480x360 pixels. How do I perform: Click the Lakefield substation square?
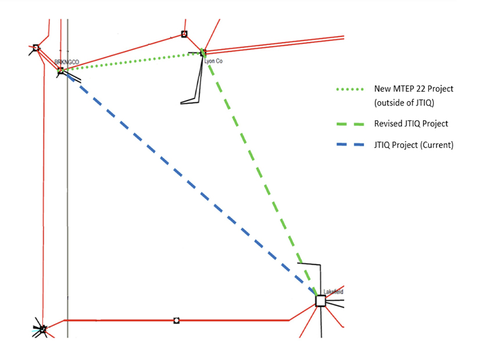pyautogui.click(x=320, y=301)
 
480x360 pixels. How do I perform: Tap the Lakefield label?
pyautogui.click(x=334, y=291)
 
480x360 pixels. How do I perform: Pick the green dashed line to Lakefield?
pyautogui.click(x=262, y=174)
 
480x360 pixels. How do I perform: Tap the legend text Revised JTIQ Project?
pyautogui.click(x=411, y=124)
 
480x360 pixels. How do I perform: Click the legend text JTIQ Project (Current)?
pyautogui.click(x=413, y=145)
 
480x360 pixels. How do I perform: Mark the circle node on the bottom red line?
pyautogui.click(x=177, y=320)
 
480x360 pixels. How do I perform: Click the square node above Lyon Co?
pyautogui.click(x=184, y=34)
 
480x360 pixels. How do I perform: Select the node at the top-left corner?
pyautogui.click(x=35, y=48)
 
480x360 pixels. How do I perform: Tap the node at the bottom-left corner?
pyautogui.click(x=42, y=329)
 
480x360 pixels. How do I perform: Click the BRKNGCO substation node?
pyautogui.click(x=60, y=71)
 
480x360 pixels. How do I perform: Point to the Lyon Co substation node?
pyautogui.click(x=203, y=53)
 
